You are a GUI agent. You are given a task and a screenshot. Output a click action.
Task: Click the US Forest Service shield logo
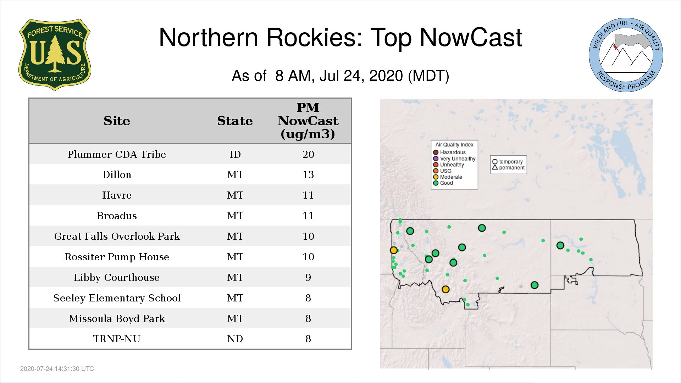tap(55, 55)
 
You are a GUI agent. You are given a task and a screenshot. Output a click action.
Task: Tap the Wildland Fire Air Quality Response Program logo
tap(626, 55)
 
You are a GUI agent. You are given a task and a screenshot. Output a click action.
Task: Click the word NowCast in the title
tap(471, 37)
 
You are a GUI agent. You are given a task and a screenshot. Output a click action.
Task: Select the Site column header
tap(117, 121)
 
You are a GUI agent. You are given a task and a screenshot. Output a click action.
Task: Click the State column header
tap(235, 121)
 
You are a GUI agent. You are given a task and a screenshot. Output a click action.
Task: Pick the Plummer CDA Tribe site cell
tap(117, 154)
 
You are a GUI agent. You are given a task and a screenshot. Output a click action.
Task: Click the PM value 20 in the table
tap(308, 154)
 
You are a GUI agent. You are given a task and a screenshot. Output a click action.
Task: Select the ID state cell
tap(235, 154)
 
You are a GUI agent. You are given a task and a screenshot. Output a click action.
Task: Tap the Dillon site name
tap(117, 174)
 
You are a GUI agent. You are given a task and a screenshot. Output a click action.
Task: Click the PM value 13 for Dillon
tap(308, 174)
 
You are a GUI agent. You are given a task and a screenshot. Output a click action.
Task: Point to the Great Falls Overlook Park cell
tap(117, 236)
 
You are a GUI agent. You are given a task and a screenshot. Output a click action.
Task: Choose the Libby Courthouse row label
tap(117, 277)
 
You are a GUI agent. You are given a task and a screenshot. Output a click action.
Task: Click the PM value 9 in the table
tap(308, 277)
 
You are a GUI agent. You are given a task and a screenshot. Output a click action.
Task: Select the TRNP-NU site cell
tap(117, 339)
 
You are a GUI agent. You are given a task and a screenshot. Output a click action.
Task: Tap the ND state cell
tap(235, 339)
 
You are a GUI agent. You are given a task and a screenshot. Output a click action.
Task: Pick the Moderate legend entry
tap(448, 177)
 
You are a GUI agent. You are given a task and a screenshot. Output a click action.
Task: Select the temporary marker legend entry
tap(508, 162)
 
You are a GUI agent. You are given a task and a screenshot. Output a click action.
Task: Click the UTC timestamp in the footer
tap(57, 369)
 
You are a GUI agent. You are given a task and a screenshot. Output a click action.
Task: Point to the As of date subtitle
tap(340, 76)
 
